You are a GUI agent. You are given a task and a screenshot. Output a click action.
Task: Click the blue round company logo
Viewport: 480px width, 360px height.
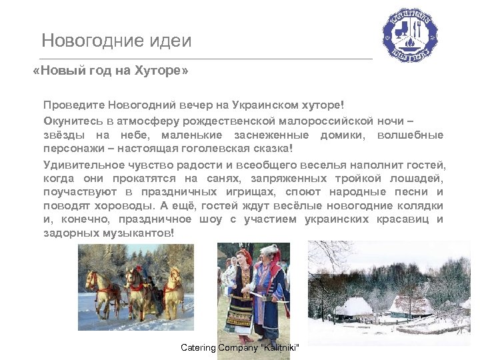[409, 35]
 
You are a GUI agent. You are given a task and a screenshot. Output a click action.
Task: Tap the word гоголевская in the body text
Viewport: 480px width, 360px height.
[227, 147]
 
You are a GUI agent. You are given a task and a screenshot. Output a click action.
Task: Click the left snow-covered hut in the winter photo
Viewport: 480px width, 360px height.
[353, 307]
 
